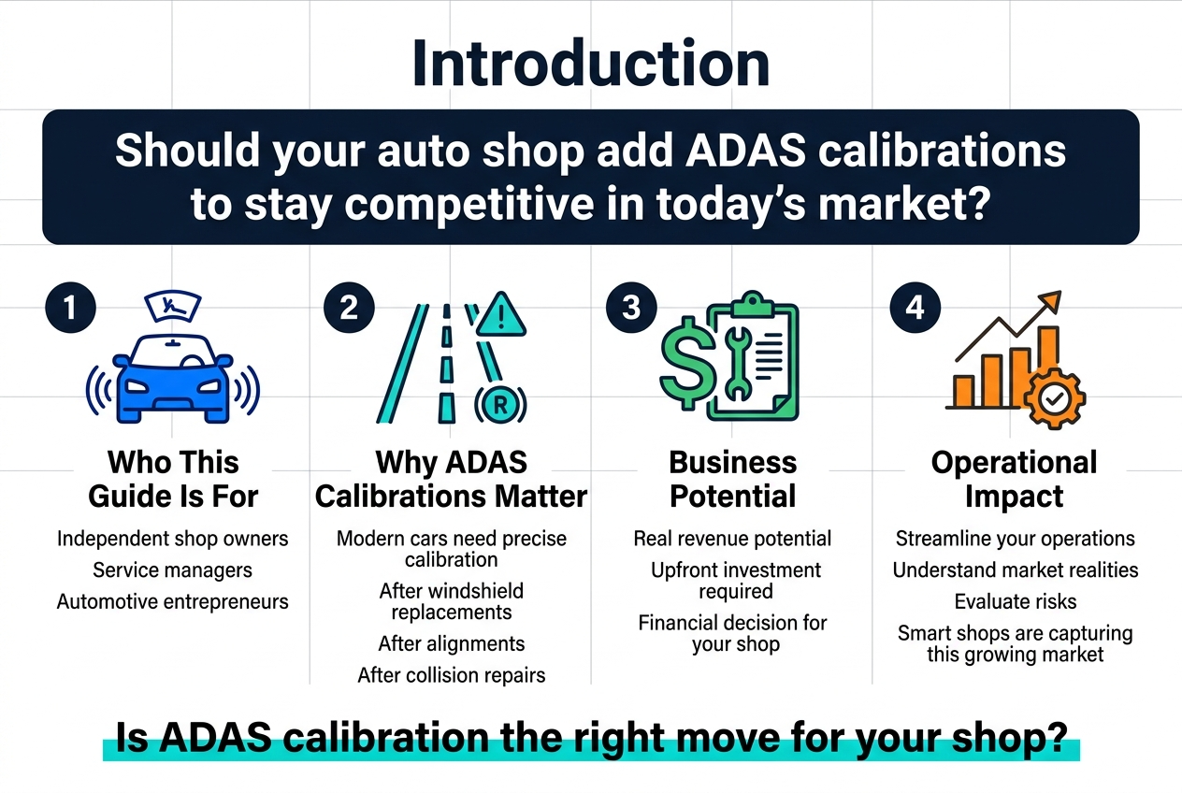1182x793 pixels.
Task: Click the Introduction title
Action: pyautogui.click(x=590, y=64)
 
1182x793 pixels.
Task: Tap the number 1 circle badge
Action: pyautogui.click(x=71, y=308)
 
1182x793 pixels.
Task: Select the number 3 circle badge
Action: pyautogui.click(x=631, y=308)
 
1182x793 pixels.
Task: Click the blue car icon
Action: pyautogui.click(x=173, y=379)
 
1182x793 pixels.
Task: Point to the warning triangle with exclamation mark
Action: pyautogui.click(x=501, y=314)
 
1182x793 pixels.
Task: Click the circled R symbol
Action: pyautogui.click(x=500, y=405)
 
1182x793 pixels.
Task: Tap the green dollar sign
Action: pyautogui.click(x=687, y=364)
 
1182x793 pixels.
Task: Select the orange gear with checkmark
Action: pyautogui.click(x=1055, y=399)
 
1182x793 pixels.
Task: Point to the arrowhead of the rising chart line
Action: pyautogui.click(x=1050, y=301)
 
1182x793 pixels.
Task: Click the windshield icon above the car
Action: pyautogui.click(x=173, y=307)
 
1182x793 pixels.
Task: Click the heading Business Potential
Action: pyautogui.click(x=733, y=479)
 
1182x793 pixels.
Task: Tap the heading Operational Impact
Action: pyautogui.click(x=1015, y=479)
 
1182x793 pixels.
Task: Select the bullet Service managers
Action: pyautogui.click(x=173, y=570)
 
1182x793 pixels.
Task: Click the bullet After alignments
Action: pyautogui.click(x=452, y=644)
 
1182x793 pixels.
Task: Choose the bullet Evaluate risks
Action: pyautogui.click(x=1016, y=602)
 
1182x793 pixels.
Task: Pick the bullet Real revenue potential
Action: pyautogui.click(x=732, y=539)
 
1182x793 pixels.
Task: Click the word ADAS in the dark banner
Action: pyautogui.click(x=746, y=151)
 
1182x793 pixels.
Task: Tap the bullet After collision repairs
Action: pyautogui.click(x=452, y=675)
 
